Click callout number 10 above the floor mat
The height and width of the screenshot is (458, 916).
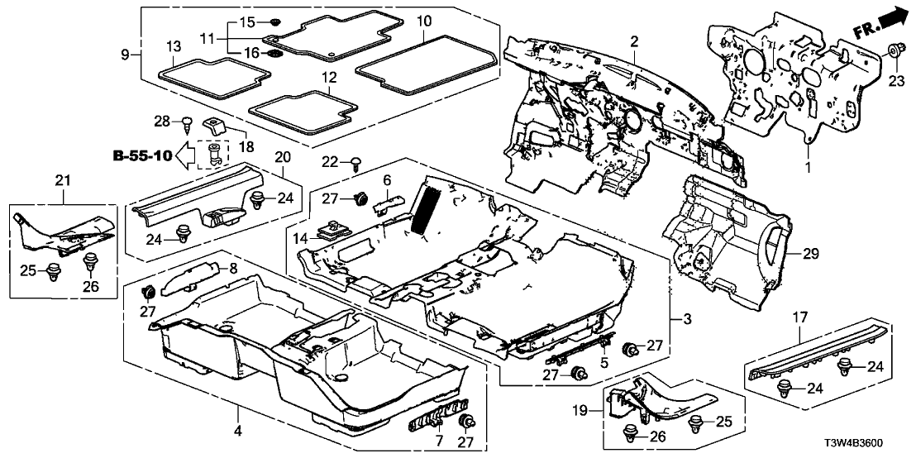(424, 19)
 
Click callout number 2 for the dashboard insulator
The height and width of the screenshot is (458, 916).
(634, 41)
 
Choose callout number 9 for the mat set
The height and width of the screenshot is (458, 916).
(125, 55)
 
